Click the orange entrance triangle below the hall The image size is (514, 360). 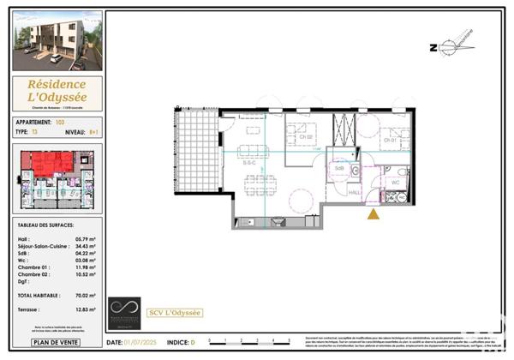374,213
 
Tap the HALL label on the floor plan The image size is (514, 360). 355,193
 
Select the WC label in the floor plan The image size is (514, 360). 396,183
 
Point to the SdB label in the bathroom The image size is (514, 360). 339,168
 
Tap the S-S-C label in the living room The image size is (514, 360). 249,162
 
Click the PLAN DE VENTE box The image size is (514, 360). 57,343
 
